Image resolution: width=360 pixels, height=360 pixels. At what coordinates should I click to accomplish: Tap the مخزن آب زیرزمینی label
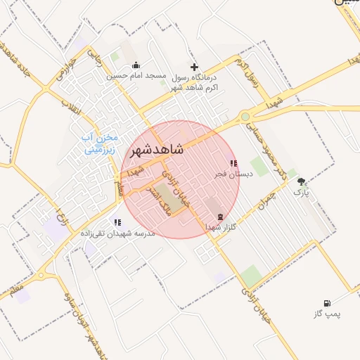click(x=101, y=143)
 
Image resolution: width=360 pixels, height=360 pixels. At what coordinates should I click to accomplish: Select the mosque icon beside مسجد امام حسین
click(x=136, y=65)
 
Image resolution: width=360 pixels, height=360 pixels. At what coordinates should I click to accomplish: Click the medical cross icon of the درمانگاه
click(x=195, y=66)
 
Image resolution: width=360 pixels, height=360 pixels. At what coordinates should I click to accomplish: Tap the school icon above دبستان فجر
click(x=233, y=163)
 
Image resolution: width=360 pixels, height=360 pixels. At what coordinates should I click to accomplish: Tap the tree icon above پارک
click(x=302, y=181)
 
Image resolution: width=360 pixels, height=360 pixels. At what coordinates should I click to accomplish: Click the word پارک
click(x=301, y=191)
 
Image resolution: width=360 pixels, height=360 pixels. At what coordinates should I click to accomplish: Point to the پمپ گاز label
click(x=326, y=314)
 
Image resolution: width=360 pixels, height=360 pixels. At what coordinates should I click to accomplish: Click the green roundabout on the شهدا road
click(x=245, y=117)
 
